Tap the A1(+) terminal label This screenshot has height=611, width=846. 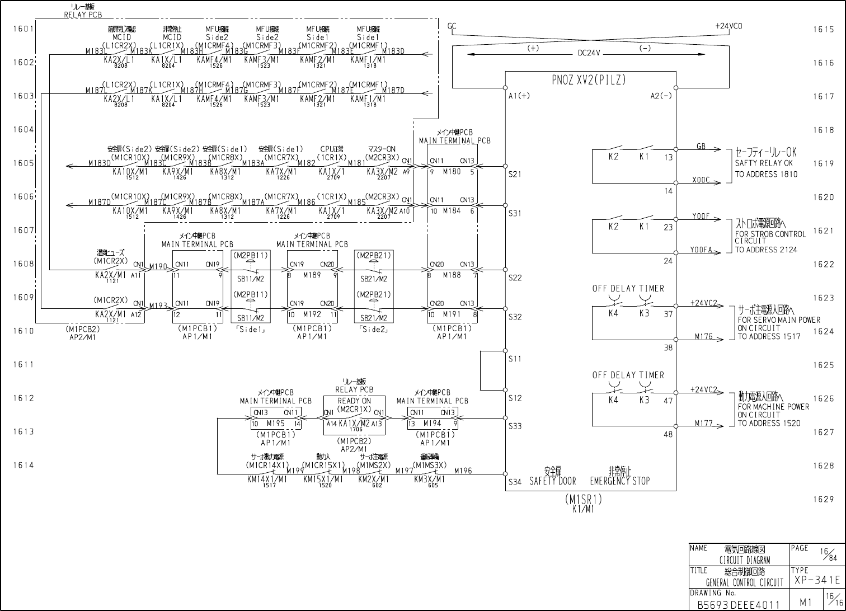[x=519, y=96]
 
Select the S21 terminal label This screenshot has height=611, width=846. [x=515, y=174]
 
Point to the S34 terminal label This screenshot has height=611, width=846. [x=515, y=481]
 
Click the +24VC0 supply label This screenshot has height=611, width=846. [x=728, y=26]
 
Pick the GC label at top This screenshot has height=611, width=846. [x=452, y=26]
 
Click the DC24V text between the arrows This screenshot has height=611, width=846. [x=589, y=53]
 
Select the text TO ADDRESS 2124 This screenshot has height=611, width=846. [x=766, y=250]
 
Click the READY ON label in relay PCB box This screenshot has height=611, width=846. [x=354, y=401]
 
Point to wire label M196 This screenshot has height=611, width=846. [x=463, y=471]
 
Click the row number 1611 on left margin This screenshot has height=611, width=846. [x=24, y=365]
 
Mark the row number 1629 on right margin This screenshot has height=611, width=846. [x=823, y=499]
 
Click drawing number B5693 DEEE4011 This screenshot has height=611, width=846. [x=737, y=605]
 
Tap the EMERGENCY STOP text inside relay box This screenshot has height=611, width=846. [x=620, y=481]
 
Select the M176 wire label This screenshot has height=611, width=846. [x=704, y=337]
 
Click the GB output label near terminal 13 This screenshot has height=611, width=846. [x=701, y=147]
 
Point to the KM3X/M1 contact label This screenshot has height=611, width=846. [x=429, y=479]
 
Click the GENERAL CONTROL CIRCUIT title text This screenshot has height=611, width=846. [x=744, y=582]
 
